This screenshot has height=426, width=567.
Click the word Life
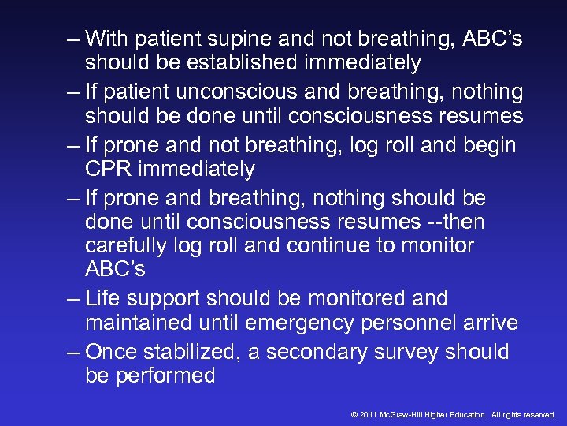[x=104, y=298]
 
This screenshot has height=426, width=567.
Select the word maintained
[x=139, y=323]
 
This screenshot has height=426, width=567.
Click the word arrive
[x=491, y=323]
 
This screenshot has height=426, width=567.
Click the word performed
[x=165, y=376]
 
